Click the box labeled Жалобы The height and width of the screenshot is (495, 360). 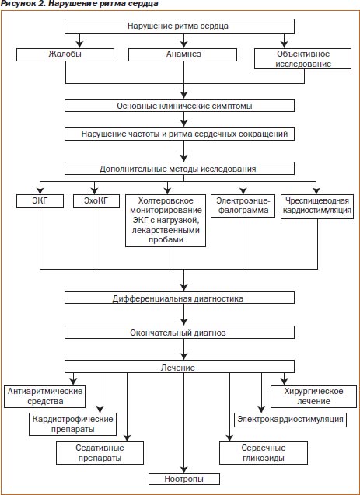[65, 54]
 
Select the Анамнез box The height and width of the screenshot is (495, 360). [183, 54]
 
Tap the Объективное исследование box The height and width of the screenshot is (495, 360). [302, 59]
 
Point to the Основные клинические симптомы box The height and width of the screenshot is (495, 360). [180, 106]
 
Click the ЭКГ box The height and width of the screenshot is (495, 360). [40, 201]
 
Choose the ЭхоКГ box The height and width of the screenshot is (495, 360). [96, 201]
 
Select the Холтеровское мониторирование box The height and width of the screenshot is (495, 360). [166, 221]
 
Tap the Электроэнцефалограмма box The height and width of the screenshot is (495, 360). [243, 206]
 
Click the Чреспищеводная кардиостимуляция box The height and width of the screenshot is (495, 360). [317, 207]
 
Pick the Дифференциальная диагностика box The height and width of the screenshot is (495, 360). [180, 298]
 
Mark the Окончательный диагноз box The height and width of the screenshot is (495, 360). [180, 333]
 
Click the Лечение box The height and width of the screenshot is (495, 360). [180, 367]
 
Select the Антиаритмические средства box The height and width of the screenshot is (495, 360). [45, 396]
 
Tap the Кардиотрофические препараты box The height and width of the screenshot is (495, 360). [73, 424]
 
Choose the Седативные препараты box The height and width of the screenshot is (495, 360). [100, 453]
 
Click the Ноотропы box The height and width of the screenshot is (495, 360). [184, 479]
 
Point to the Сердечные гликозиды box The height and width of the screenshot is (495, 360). [264, 453]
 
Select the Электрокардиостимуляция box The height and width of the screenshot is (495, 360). [290, 420]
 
